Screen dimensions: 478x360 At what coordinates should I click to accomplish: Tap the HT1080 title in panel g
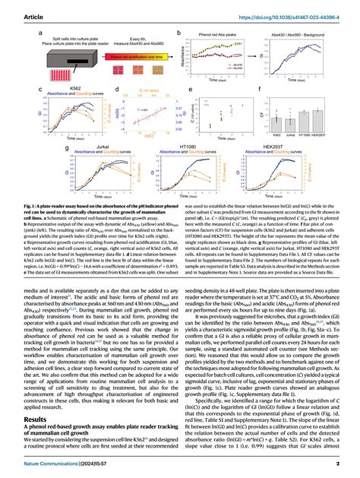pyautogui.click(x=199, y=143)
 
